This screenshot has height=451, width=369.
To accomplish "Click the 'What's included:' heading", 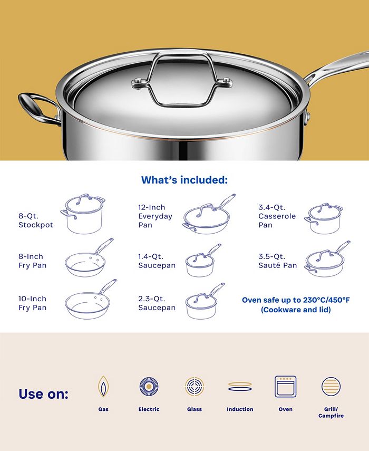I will (x=184, y=180).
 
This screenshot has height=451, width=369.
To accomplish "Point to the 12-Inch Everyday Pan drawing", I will (x=208, y=216).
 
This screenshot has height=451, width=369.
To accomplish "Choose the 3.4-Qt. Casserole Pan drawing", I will (x=323, y=218).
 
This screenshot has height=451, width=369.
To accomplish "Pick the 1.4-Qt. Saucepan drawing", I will (x=201, y=262).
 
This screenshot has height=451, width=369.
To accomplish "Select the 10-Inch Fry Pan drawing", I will (x=89, y=302).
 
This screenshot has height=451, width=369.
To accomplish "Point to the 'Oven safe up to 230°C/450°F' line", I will (x=295, y=300).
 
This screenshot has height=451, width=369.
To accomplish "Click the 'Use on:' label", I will (x=43, y=394).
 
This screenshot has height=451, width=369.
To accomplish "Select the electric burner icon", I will (x=149, y=387).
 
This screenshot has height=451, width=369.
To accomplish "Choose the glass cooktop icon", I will (x=194, y=387).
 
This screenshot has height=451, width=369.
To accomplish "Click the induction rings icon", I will (x=240, y=387).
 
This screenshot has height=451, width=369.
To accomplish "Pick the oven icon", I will (x=285, y=387).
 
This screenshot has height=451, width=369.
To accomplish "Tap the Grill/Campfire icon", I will (x=331, y=387).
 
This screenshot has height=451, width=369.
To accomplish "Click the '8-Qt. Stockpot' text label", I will (x=36, y=220).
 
